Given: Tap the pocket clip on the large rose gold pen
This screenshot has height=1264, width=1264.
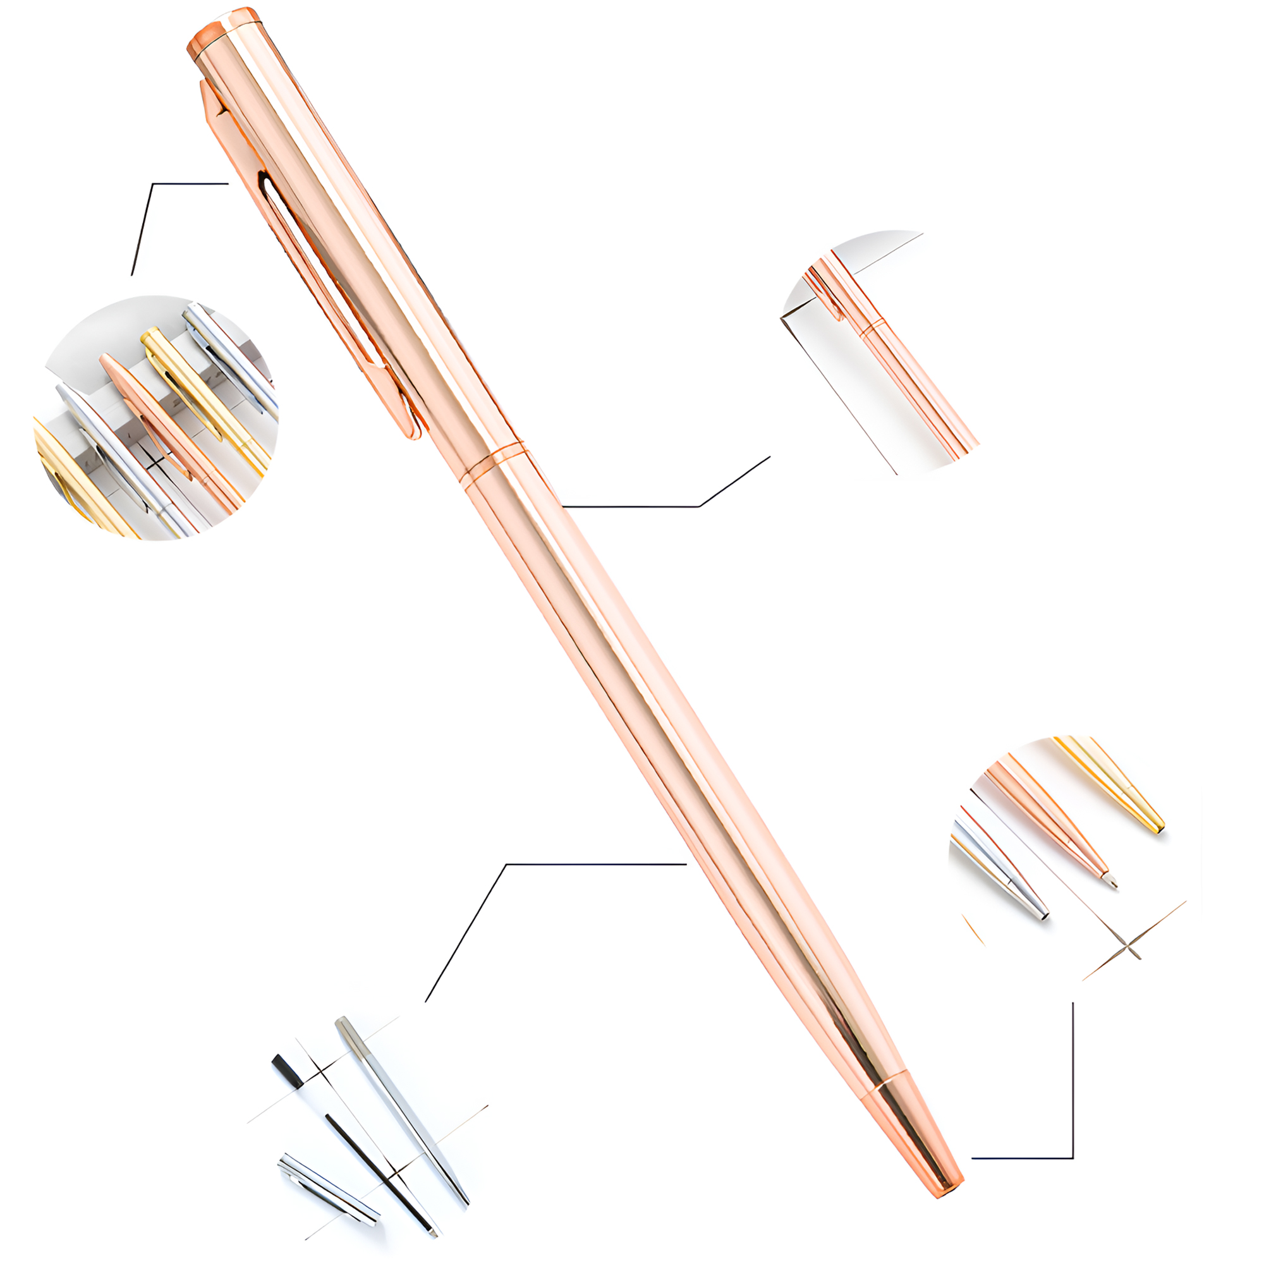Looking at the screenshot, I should pyautogui.click(x=308, y=262).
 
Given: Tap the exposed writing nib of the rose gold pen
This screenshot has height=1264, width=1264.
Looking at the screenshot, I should pyautogui.click(x=1111, y=880).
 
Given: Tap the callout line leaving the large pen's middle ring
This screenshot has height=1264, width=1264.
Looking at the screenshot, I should pyautogui.click(x=654, y=506).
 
